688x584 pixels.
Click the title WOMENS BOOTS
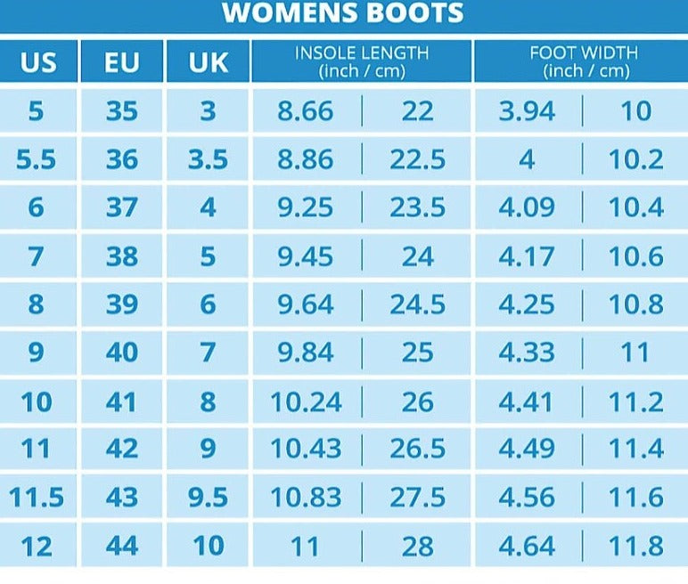[x=343, y=13]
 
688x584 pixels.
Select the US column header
[x=37, y=62]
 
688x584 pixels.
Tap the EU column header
[x=122, y=62]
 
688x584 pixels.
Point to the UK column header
[x=208, y=62]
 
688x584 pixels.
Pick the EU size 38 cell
[x=122, y=256]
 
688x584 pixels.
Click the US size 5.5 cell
[x=36, y=159]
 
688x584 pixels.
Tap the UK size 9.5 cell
[x=208, y=497]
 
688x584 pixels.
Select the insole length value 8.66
[x=305, y=111]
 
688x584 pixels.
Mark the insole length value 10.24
[x=306, y=401]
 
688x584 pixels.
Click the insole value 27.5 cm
[x=417, y=497]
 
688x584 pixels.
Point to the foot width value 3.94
[x=527, y=111]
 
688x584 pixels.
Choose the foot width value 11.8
[x=635, y=545]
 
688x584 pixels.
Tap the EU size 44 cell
[x=122, y=545]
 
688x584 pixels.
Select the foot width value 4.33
[x=527, y=353]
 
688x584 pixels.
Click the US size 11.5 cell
[x=37, y=497]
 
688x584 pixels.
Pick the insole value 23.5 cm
[x=417, y=207]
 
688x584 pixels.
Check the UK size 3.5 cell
[x=208, y=159]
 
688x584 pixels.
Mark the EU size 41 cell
[x=122, y=401]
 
